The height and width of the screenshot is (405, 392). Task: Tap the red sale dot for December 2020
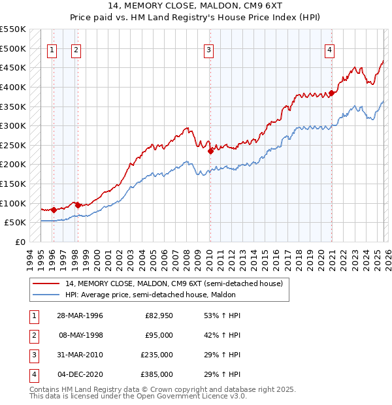pyautogui.click(x=331, y=93)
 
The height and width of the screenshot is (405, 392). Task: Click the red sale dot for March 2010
pyautogui.click(x=210, y=151)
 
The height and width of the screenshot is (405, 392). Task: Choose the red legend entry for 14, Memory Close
pyautogui.click(x=174, y=283)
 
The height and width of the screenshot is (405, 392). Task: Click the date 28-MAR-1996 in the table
pyautogui.click(x=79, y=316)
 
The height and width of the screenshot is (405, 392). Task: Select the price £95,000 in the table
pyautogui.click(x=159, y=335)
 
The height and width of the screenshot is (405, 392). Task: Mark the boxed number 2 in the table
pyautogui.click(x=33, y=335)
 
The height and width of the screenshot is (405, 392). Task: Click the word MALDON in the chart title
pyautogui.click(x=222, y=7)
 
